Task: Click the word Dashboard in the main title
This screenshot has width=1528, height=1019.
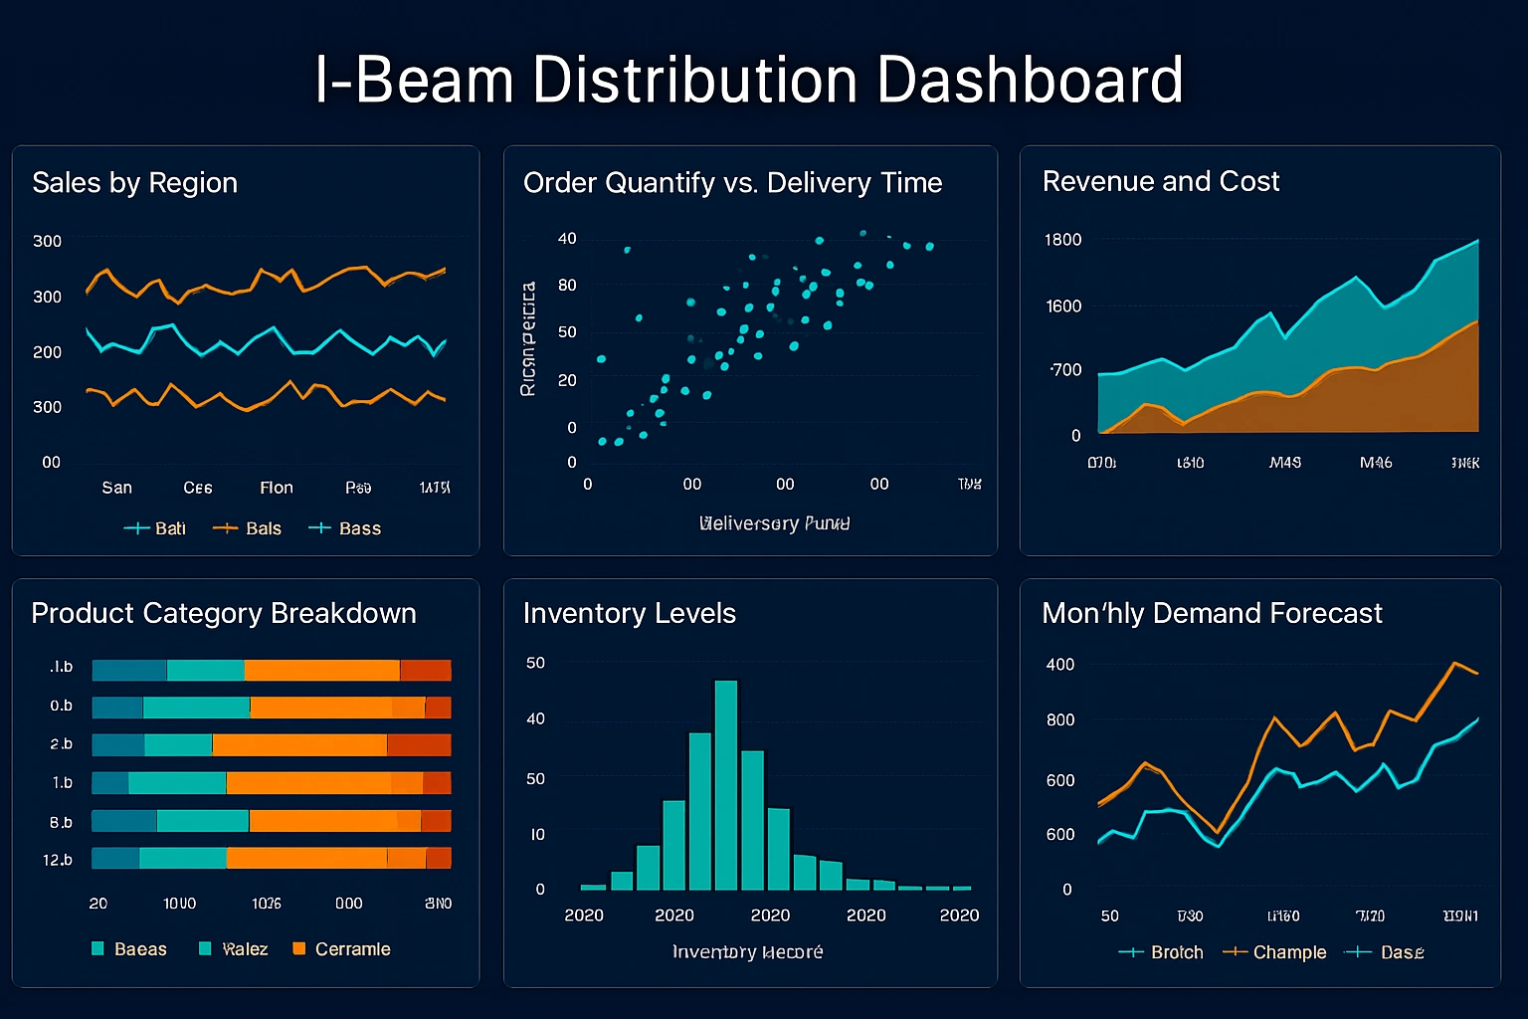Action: point(1030,80)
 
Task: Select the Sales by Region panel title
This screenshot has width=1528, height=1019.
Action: point(134,183)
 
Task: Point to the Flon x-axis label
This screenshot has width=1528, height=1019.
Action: point(277,488)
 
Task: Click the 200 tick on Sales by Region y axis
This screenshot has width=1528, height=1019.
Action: point(47,352)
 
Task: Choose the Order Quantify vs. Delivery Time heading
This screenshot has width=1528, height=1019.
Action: point(732,183)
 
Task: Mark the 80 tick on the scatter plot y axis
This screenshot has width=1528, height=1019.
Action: point(567,286)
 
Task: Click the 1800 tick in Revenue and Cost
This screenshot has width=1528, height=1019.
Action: point(1062,240)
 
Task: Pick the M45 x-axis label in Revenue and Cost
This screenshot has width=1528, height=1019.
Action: point(1284,463)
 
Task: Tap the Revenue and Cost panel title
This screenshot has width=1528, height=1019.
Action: point(1160,181)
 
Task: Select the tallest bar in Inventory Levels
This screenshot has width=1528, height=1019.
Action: point(726,784)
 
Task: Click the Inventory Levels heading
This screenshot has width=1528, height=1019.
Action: point(629,613)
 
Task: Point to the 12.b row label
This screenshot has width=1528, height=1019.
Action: point(58,860)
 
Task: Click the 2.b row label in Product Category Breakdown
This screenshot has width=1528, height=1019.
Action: point(61,744)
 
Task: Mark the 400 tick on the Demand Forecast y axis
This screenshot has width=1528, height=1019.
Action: point(1059,665)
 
